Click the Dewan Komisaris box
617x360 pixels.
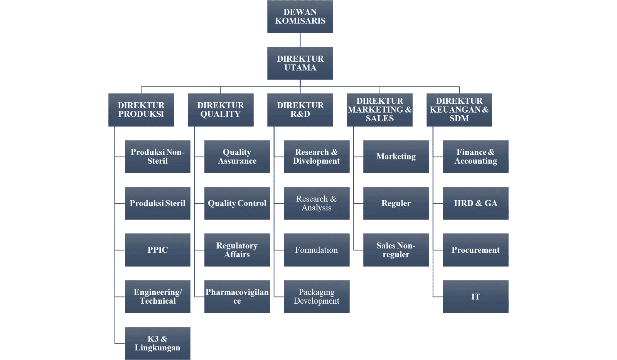pyautogui.click(x=300, y=17)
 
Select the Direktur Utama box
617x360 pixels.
pyautogui.click(x=300, y=63)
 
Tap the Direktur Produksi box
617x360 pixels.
pyautogui.click(x=141, y=110)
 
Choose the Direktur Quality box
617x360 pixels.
pyautogui.click(x=221, y=110)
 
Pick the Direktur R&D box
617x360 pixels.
pyautogui.click(x=300, y=110)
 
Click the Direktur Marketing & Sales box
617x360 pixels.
pyautogui.click(x=379, y=110)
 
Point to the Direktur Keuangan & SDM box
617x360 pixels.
pyautogui.click(x=459, y=110)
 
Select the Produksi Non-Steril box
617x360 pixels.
pyautogui.click(x=157, y=157)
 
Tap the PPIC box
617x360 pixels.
pyautogui.click(x=157, y=250)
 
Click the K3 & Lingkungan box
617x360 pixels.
pyautogui.click(x=157, y=343)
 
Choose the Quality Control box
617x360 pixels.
pyautogui.click(x=237, y=203)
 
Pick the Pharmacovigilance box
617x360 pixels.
pyautogui.click(x=237, y=297)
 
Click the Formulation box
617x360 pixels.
pyautogui.click(x=317, y=250)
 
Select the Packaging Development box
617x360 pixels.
pyautogui.click(x=317, y=297)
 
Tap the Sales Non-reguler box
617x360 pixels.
pyautogui.click(x=396, y=250)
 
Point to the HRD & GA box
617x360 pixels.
pyautogui.click(x=475, y=203)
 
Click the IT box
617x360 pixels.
pyautogui.click(x=475, y=297)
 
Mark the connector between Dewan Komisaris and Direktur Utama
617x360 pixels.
pyautogui.click(x=300, y=40)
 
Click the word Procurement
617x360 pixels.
pyautogui.click(x=475, y=250)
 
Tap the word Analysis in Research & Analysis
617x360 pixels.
pyautogui.click(x=317, y=208)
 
